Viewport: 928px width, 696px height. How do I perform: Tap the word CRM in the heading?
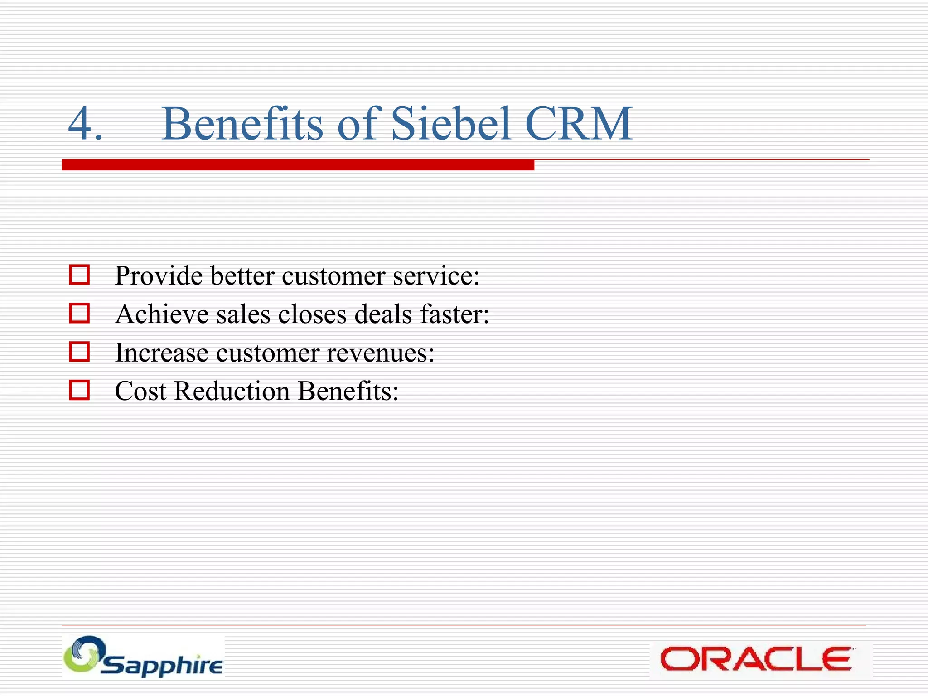point(579,124)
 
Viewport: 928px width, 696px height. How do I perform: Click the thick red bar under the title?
point(298,165)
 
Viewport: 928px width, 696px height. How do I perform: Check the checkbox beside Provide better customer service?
point(79,275)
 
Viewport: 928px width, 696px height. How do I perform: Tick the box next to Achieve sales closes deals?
point(79,313)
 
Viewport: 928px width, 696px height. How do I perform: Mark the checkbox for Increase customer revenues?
point(79,352)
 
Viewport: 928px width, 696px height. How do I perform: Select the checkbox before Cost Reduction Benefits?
point(79,390)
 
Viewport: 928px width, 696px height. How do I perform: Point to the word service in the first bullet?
point(435,276)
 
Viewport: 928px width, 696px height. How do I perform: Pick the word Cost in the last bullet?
point(140,391)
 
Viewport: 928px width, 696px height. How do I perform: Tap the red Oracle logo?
point(756,659)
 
